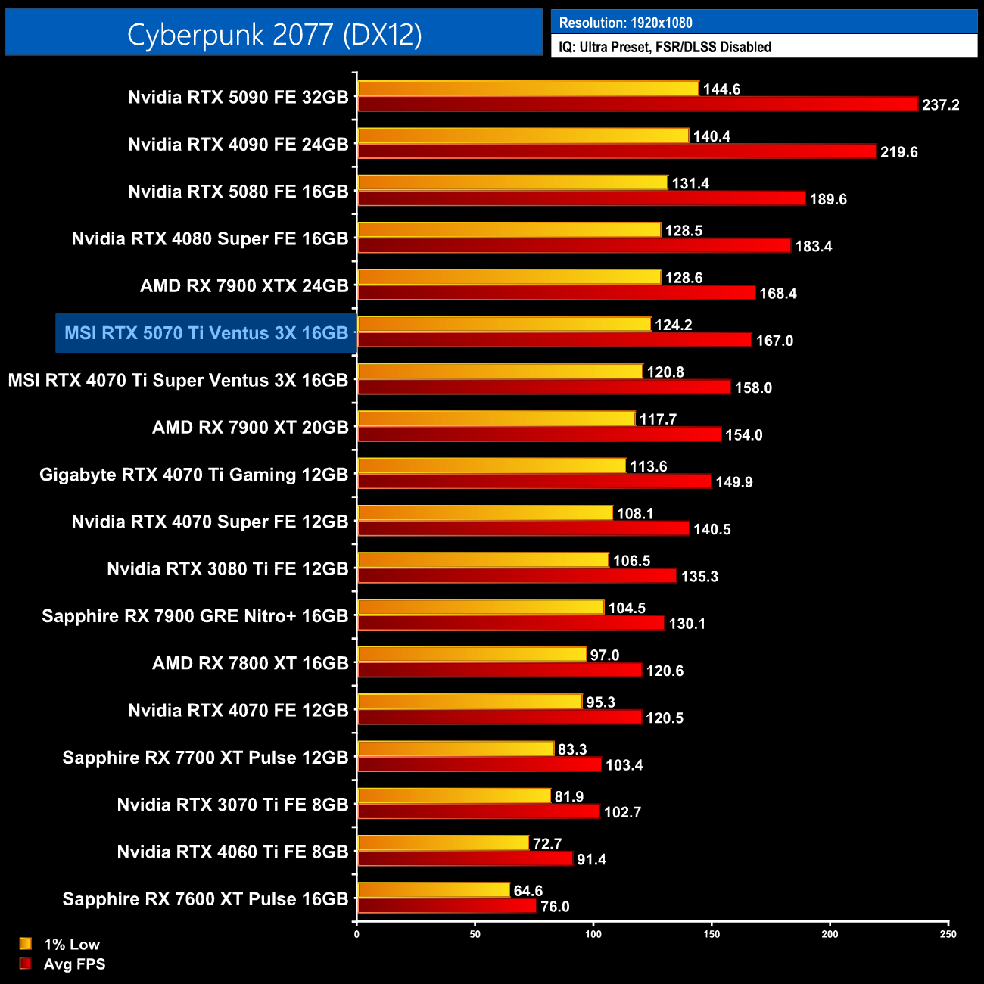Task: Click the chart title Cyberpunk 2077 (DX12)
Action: [274, 34]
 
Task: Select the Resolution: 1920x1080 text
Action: [625, 23]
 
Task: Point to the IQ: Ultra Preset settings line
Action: [665, 47]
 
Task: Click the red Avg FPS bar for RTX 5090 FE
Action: [637, 104]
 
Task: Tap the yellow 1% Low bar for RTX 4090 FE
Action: [523, 135]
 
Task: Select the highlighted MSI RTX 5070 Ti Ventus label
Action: [206, 333]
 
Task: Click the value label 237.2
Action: [940, 104]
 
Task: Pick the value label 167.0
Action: [774, 341]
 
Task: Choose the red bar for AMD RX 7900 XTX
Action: [556, 292]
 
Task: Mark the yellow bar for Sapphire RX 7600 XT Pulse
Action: [434, 890]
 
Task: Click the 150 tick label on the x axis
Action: [712, 934]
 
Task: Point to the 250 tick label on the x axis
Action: [948, 934]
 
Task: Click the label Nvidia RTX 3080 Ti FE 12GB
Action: [227, 569]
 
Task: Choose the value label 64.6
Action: [528, 891]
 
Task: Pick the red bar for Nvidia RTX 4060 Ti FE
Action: [465, 859]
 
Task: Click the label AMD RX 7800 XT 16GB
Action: [250, 663]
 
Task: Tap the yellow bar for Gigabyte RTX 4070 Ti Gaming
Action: [492, 466]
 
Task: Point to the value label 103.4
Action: [624, 764]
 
